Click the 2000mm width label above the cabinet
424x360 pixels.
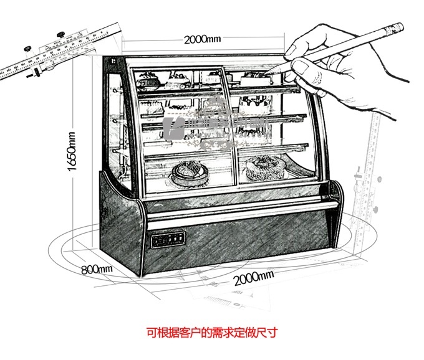click(x=202, y=39)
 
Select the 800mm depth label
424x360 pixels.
click(x=96, y=268)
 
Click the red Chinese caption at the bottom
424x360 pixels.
click(x=217, y=332)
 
